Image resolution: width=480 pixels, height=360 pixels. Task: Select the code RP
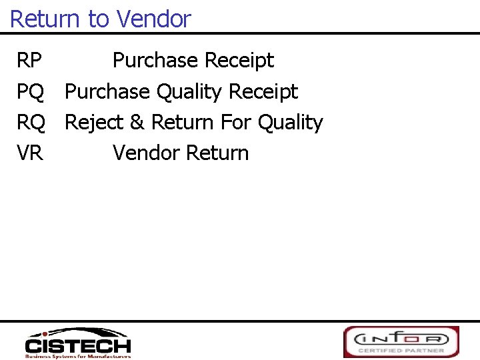click(29, 61)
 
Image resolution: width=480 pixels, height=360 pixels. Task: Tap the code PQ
click(31, 92)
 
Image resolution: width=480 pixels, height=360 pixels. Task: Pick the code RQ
click(31, 123)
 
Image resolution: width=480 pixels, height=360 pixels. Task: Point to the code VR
click(30, 153)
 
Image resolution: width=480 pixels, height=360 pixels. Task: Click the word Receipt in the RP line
click(239, 61)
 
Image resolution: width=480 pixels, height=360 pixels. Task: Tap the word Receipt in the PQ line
click(263, 92)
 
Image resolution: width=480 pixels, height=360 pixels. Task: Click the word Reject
click(94, 123)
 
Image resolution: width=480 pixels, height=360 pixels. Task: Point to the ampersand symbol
click(137, 123)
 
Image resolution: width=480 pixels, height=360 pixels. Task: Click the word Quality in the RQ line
click(290, 123)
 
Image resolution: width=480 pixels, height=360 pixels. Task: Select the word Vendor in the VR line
click(146, 153)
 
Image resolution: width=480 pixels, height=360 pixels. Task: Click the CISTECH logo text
click(78, 346)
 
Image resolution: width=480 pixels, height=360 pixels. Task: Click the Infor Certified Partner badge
click(401, 341)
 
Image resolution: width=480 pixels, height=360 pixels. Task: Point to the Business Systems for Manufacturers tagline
click(78, 356)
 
